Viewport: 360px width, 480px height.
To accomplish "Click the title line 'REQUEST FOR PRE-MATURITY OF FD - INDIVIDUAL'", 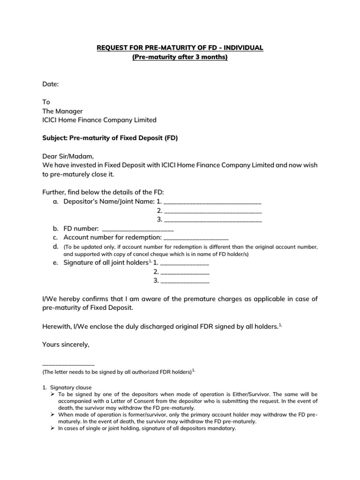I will point(180,48).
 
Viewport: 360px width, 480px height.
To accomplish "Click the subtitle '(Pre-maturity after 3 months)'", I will point(180,58).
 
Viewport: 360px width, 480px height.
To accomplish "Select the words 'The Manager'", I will point(62,111).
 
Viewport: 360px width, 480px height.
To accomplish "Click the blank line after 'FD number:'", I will point(137,230).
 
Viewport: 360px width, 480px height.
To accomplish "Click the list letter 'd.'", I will point(55,247).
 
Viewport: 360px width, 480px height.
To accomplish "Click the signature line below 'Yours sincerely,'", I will point(68,364).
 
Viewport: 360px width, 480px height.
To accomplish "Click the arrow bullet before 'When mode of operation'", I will point(54,415).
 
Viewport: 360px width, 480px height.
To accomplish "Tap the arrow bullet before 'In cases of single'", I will point(54,428).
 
